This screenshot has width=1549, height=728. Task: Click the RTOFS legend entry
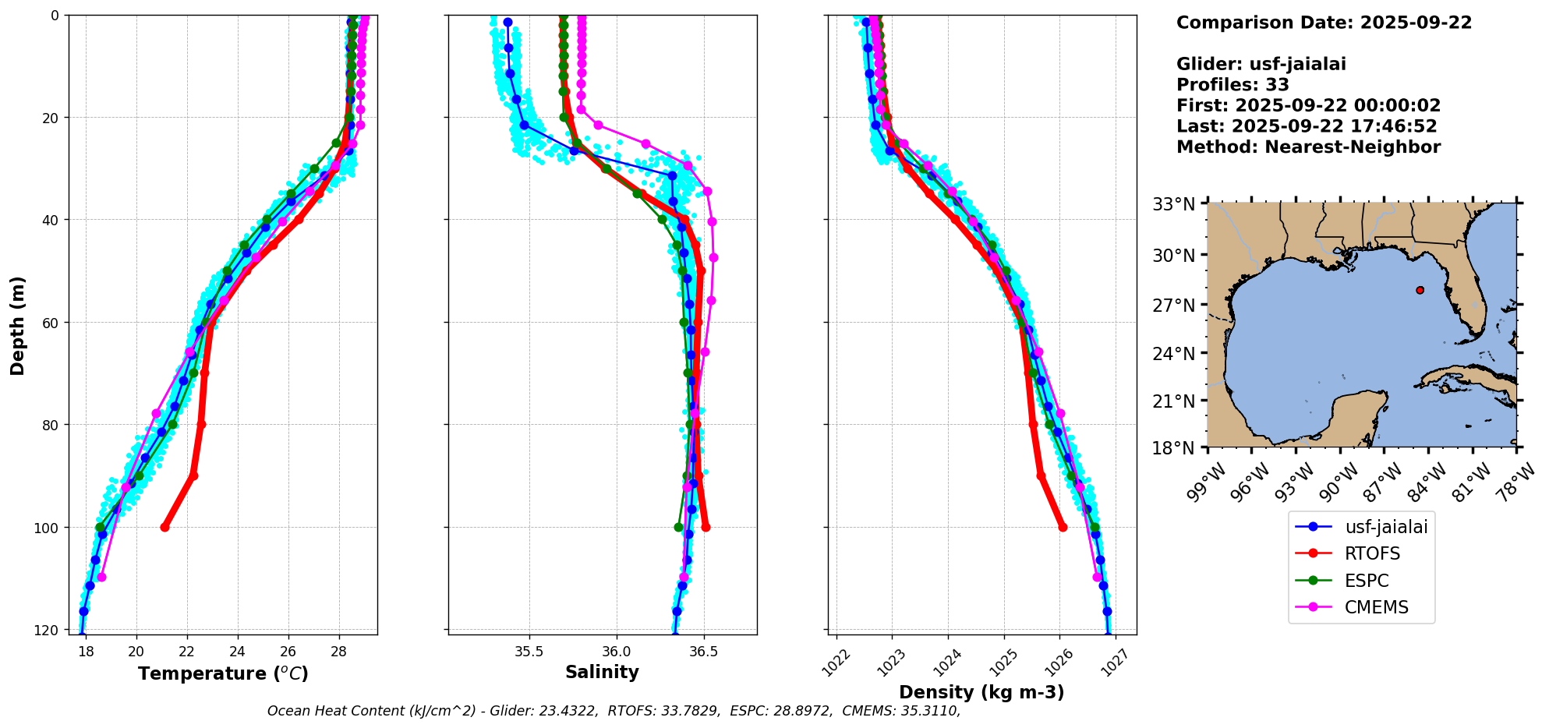(x=1372, y=553)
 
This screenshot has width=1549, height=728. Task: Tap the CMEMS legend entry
(x=1376, y=607)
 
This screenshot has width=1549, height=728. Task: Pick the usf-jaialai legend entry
(x=1386, y=527)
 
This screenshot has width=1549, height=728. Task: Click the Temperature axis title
(x=223, y=673)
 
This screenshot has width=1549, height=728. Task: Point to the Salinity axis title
(x=602, y=672)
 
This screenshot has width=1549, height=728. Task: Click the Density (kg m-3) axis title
(x=981, y=692)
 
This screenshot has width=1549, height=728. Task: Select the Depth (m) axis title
(x=18, y=325)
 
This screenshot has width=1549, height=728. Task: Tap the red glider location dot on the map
(x=1420, y=290)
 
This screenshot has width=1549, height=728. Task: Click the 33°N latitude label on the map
(x=1173, y=204)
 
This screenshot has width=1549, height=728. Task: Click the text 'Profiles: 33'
(x=1232, y=85)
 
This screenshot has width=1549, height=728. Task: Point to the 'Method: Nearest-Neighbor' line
(x=1308, y=147)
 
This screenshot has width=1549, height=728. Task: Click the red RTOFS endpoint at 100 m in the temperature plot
(x=165, y=527)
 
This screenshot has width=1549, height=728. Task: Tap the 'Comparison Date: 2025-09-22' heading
(x=1324, y=23)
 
